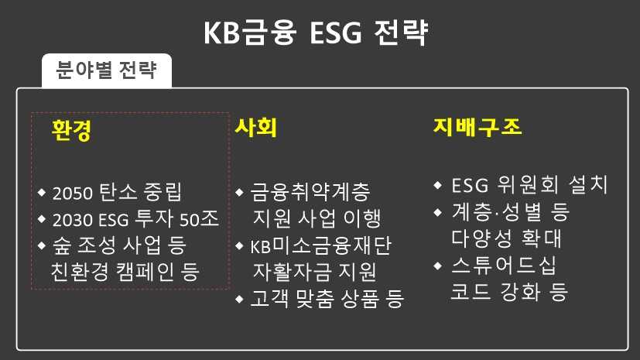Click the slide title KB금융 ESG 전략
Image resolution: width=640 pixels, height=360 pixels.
click(320, 33)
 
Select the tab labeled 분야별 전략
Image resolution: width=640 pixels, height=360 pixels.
click(107, 72)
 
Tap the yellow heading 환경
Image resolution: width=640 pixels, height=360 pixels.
click(71, 129)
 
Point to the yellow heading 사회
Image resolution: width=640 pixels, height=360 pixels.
click(255, 129)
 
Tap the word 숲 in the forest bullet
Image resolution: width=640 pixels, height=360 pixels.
click(61, 245)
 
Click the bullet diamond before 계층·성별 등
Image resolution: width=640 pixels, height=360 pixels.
click(439, 211)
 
